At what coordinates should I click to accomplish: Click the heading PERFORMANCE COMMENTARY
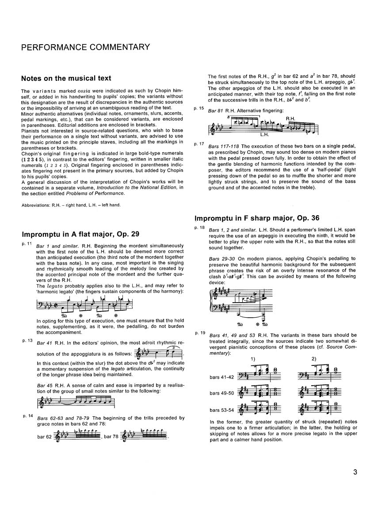tap(85, 47)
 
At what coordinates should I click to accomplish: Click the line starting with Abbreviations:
tap(71, 205)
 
